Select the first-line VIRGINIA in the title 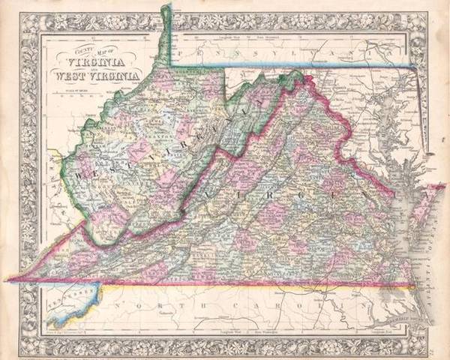(x=97, y=62)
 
